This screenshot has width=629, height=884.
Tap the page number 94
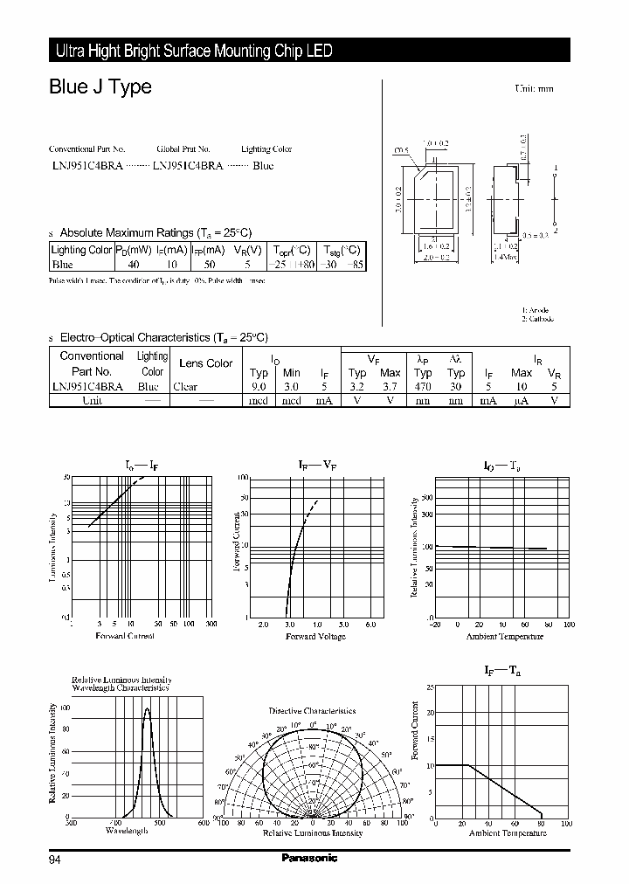54,860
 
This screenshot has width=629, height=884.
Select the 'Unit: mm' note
534,89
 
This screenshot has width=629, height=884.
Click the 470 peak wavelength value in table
423,386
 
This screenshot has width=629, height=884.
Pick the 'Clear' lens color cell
185,386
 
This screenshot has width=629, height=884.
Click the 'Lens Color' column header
205,363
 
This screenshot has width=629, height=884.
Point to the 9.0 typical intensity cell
259,386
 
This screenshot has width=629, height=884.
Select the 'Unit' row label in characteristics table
92,400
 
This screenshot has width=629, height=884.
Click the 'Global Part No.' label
183,149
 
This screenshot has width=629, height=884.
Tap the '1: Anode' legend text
536,310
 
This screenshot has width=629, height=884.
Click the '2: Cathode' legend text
538,319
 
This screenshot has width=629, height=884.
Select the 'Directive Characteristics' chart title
312,711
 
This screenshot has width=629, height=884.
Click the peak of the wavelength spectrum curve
147,708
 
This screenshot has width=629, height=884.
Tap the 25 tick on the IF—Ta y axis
429,687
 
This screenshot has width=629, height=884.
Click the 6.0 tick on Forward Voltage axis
370,625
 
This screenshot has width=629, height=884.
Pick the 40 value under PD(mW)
134,264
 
